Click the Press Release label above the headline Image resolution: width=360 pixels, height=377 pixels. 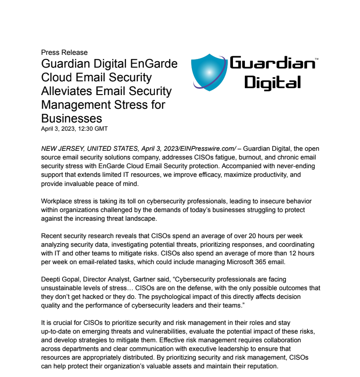(64, 53)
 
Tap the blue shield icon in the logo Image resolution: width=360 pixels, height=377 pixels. (208, 72)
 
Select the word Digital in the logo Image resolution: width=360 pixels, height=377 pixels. (272, 82)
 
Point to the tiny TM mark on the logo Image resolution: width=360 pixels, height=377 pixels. (317, 59)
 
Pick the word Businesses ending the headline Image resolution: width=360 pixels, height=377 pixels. (71, 119)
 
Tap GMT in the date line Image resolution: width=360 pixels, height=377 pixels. (100, 129)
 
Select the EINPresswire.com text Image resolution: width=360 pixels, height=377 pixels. (207, 149)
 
